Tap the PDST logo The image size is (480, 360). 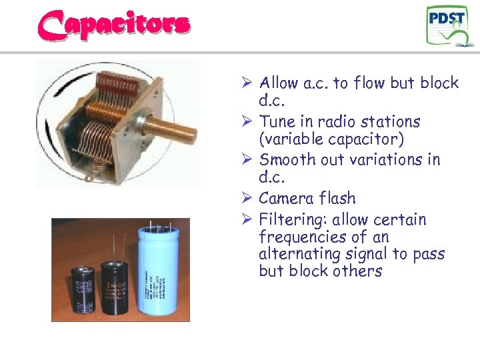click(x=451, y=26)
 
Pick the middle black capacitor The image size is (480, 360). click(x=116, y=287)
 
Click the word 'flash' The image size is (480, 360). click(x=337, y=199)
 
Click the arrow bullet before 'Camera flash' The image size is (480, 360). click(x=246, y=199)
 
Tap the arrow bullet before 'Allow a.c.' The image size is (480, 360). click(x=246, y=83)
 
